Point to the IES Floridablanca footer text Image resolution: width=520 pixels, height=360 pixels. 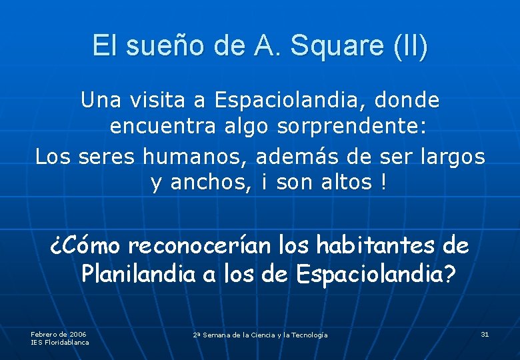coord(60,342)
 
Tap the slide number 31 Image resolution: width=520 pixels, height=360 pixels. coord(485,333)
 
